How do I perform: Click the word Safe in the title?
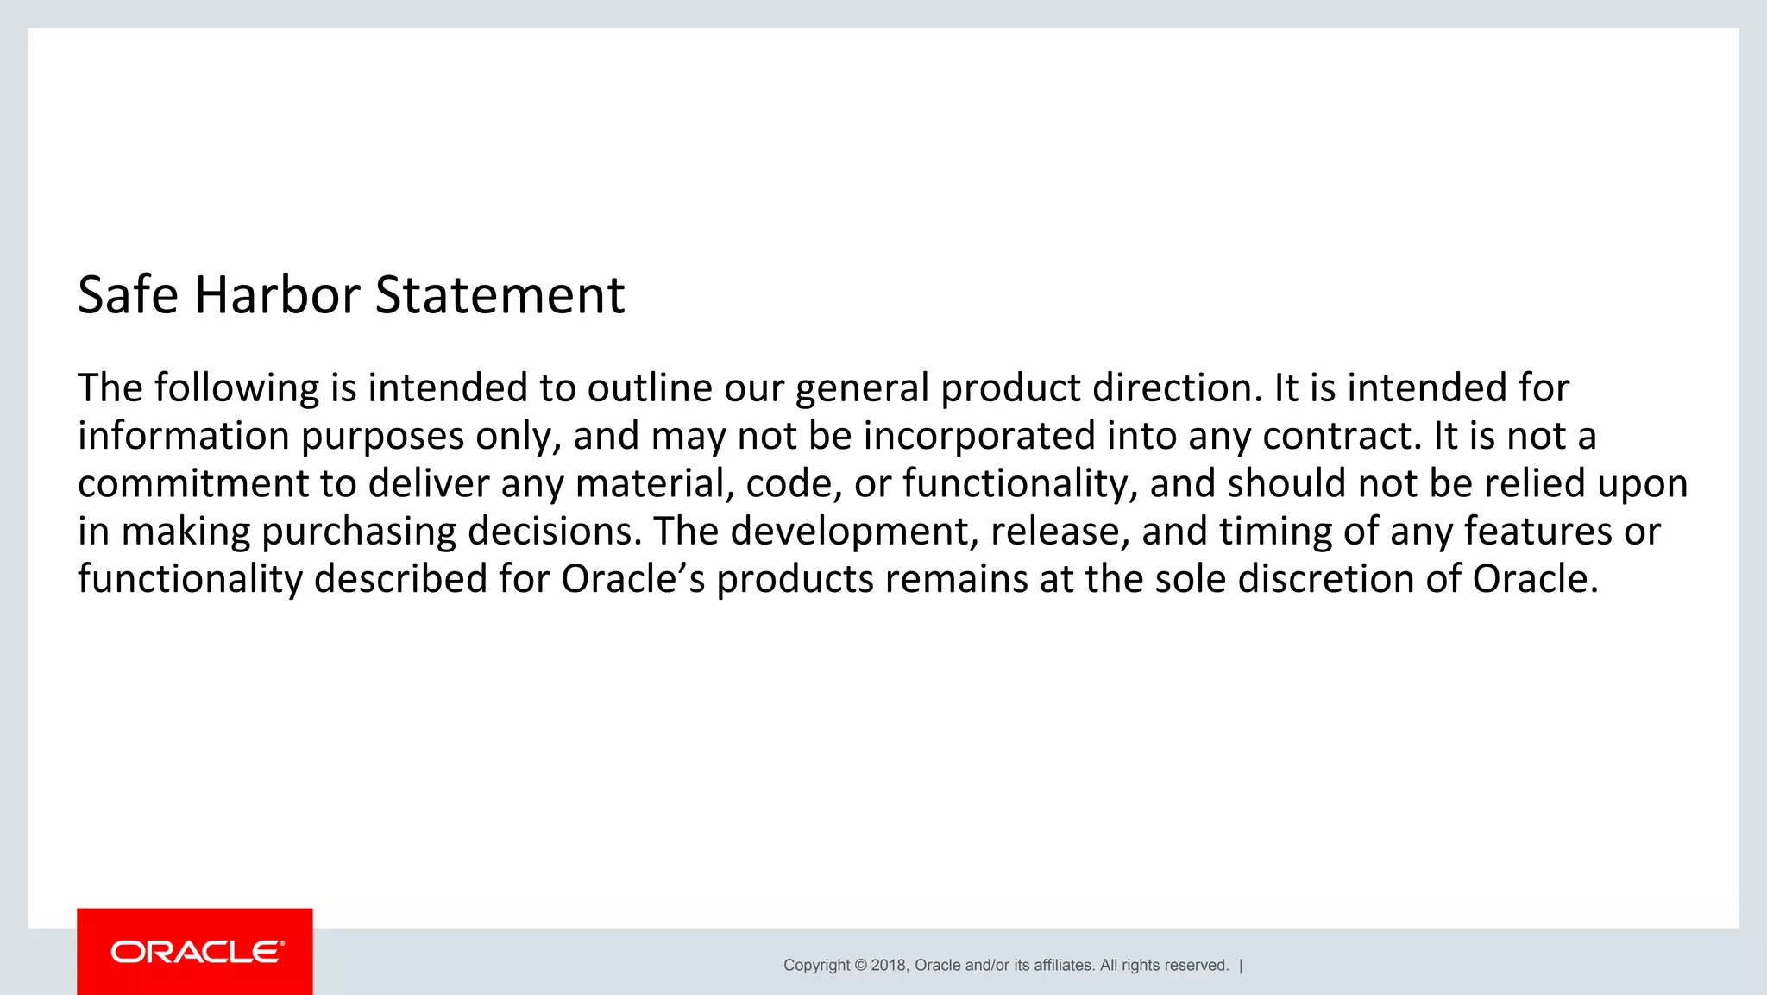[x=128, y=295]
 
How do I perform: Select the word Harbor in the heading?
[x=276, y=295]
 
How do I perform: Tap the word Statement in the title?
[x=500, y=295]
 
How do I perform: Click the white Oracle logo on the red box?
[x=198, y=952]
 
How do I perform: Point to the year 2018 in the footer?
[x=888, y=966]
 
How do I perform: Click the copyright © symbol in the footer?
[x=860, y=966]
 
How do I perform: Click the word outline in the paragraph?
[x=650, y=388]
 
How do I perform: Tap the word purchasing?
[x=358, y=531]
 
